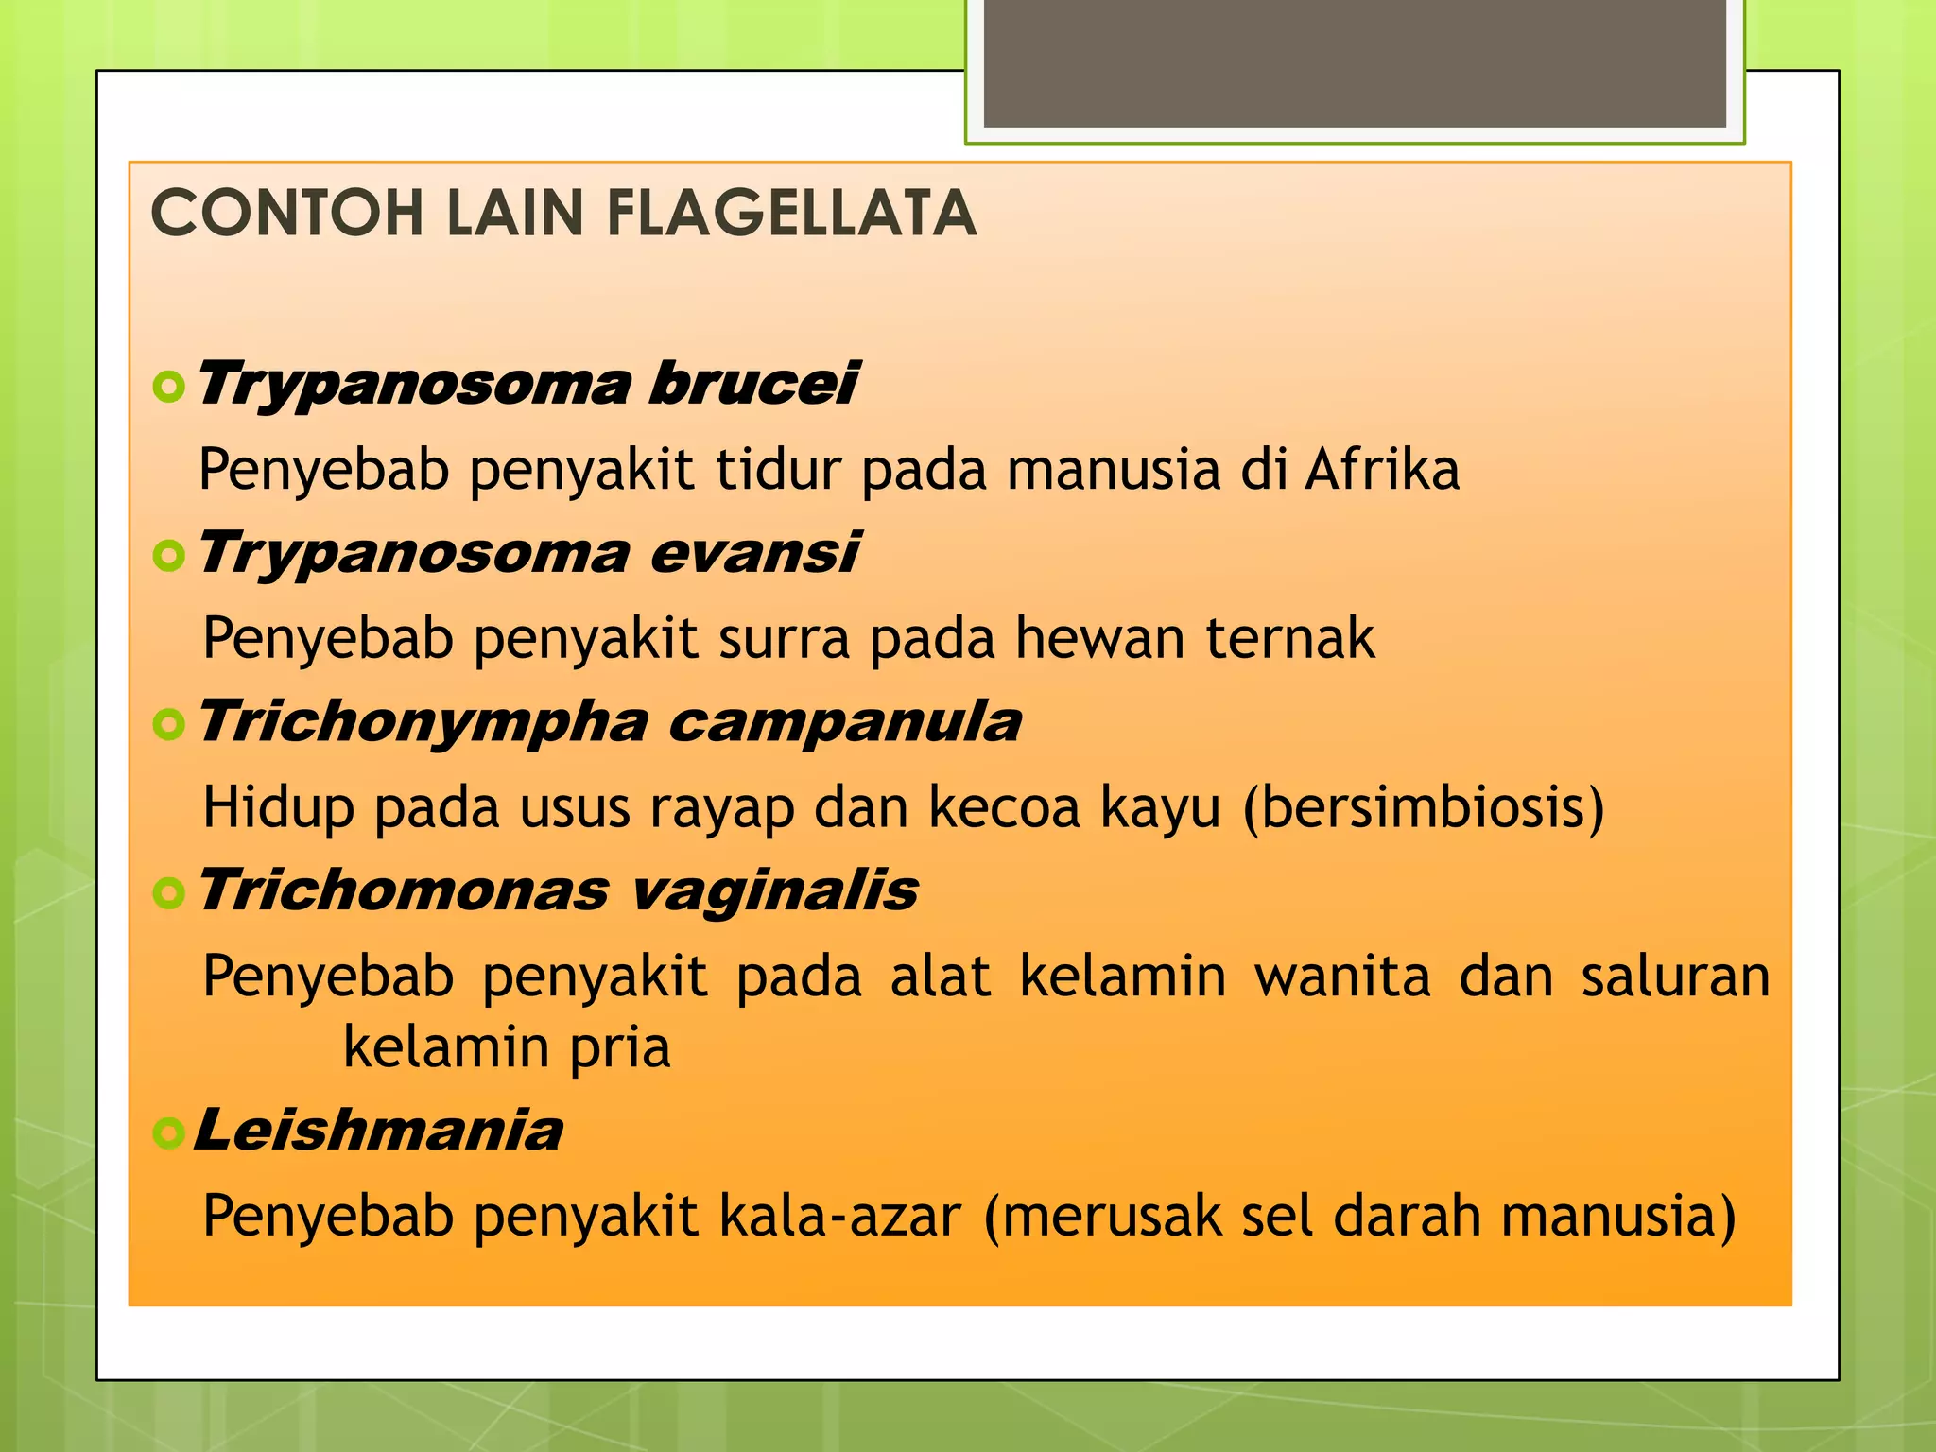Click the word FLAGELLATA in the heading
[790, 213]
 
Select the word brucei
[753, 384]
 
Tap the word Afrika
[1382, 469]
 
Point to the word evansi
[754, 553]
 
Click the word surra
[784, 638]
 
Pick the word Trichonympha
[423, 722]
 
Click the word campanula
[844, 722]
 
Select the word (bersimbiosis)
[1423, 808]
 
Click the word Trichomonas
[404, 890]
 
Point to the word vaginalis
[773, 890]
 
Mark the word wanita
[1342, 977]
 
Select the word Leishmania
[378, 1131]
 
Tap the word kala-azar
[839, 1216]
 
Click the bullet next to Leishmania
[168, 1132]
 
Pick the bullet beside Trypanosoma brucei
[168, 386]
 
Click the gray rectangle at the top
[1355, 64]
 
